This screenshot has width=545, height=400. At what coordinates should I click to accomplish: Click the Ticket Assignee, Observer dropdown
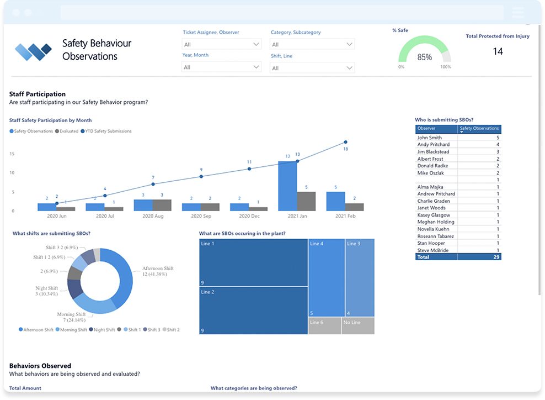click(221, 44)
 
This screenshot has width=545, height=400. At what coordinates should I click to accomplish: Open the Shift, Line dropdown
click(312, 68)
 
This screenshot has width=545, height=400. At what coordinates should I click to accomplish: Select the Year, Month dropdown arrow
click(256, 67)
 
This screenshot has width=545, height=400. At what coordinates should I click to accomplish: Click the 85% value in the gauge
click(424, 57)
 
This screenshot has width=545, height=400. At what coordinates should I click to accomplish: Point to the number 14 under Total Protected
click(498, 51)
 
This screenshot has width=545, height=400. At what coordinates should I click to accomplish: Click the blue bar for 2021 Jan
click(288, 186)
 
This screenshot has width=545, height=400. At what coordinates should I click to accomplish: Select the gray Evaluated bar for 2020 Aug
click(162, 205)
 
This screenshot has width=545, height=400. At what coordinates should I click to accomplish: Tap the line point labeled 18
click(345, 142)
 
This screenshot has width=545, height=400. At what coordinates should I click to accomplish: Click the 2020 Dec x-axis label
click(249, 216)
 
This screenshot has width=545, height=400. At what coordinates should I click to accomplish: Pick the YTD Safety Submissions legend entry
click(106, 131)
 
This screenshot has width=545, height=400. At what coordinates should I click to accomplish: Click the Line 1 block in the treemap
click(253, 262)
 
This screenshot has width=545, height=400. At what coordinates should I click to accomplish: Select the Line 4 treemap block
click(327, 278)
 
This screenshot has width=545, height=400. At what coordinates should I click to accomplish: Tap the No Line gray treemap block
click(358, 326)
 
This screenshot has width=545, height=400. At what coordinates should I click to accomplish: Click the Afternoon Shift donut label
click(158, 271)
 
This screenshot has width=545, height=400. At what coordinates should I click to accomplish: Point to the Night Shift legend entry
click(102, 330)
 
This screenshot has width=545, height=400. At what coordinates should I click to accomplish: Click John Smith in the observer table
click(430, 138)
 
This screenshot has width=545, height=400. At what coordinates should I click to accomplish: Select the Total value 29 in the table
click(496, 257)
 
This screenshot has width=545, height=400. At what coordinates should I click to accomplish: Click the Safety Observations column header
click(479, 129)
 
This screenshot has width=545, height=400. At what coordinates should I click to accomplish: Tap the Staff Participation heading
click(38, 94)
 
